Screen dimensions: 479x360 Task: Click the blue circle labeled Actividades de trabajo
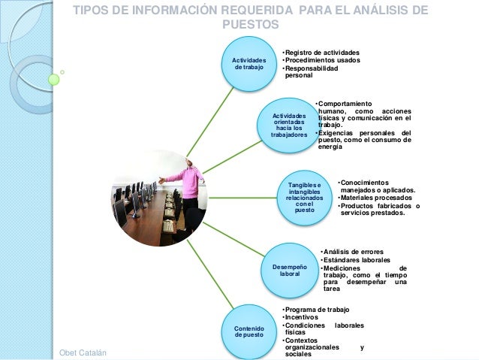pos(249,64)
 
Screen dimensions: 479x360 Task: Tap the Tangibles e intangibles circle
pos(304,198)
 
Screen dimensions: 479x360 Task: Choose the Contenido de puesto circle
pos(249,332)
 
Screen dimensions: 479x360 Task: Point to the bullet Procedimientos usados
pos(322,61)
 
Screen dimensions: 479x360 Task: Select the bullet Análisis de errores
pos(353,251)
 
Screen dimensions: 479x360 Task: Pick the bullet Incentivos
pos(302,317)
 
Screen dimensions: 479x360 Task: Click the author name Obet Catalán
pos(82,353)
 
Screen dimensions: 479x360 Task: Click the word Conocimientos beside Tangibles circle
pos(365,183)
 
